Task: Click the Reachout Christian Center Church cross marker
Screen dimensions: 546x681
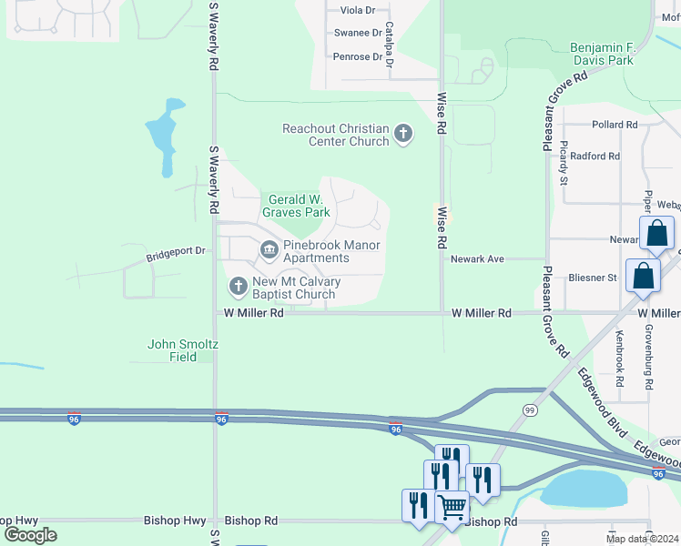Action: [403, 136]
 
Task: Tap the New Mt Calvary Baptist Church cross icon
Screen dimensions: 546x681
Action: [238, 288]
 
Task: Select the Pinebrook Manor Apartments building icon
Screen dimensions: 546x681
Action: [269, 249]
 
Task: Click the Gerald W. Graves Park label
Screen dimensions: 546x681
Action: [296, 206]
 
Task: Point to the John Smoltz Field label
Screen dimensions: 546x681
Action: [185, 350]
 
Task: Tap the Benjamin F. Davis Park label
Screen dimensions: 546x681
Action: [601, 54]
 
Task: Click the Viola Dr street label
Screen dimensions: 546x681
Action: [357, 10]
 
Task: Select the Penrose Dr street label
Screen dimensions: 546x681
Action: [358, 56]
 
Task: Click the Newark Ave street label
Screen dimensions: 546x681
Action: [478, 259]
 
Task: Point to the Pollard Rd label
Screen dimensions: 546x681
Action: [614, 125]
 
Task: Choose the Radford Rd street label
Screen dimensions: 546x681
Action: [595, 157]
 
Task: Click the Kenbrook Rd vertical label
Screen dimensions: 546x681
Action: [619, 354]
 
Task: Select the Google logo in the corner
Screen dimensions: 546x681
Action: [30, 535]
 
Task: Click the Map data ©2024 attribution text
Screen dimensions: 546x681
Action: [642, 538]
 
